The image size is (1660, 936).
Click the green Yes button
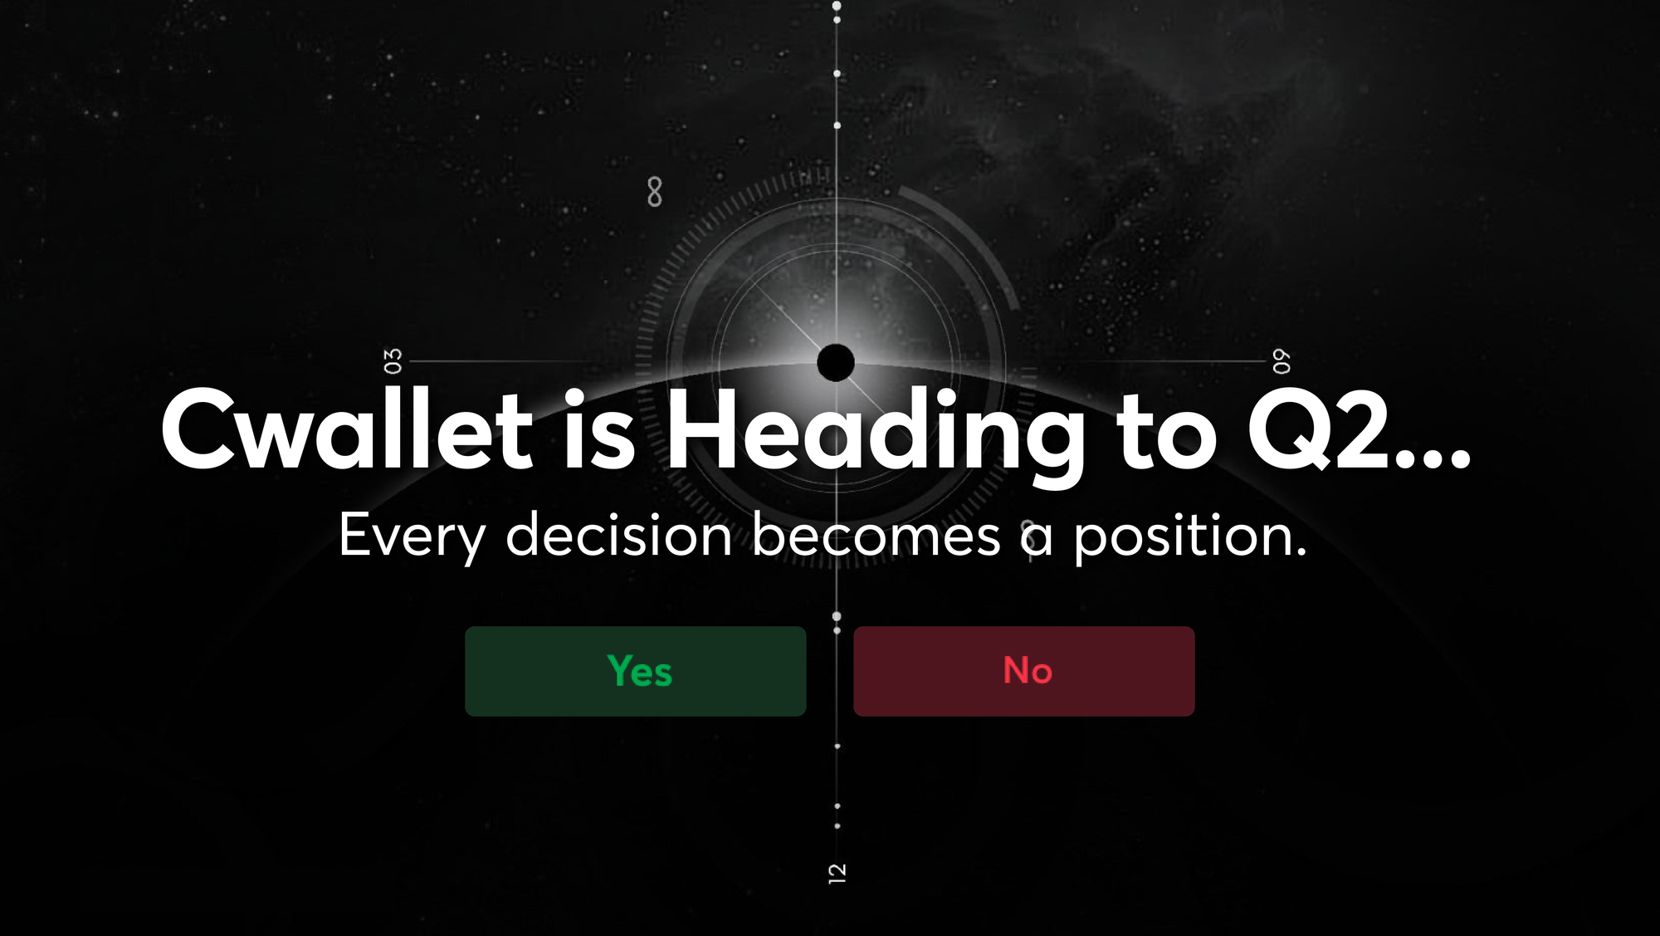(635, 671)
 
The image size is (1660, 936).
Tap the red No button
(1023, 671)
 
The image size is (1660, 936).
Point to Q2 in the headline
(1319, 430)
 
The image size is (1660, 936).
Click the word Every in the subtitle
(412, 536)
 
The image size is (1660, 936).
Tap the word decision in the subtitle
(618, 535)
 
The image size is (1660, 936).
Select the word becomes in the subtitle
(876, 535)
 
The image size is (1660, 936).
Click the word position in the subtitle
(1182, 537)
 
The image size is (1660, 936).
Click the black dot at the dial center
(836, 363)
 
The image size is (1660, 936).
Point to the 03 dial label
(393, 361)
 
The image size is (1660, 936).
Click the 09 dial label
(1282, 362)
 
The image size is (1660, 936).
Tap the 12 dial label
(837, 873)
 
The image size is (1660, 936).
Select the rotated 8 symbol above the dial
(655, 192)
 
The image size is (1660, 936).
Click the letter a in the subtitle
(1037, 538)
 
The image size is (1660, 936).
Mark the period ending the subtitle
(1300, 552)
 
